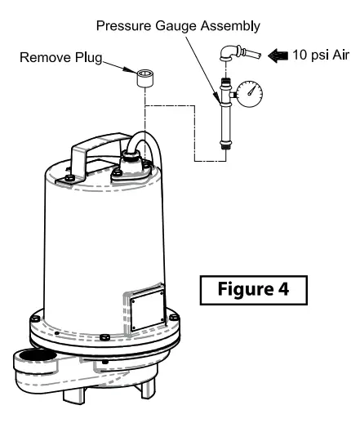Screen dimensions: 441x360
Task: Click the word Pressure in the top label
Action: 122,26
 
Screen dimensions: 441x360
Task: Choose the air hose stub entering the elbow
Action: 251,56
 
